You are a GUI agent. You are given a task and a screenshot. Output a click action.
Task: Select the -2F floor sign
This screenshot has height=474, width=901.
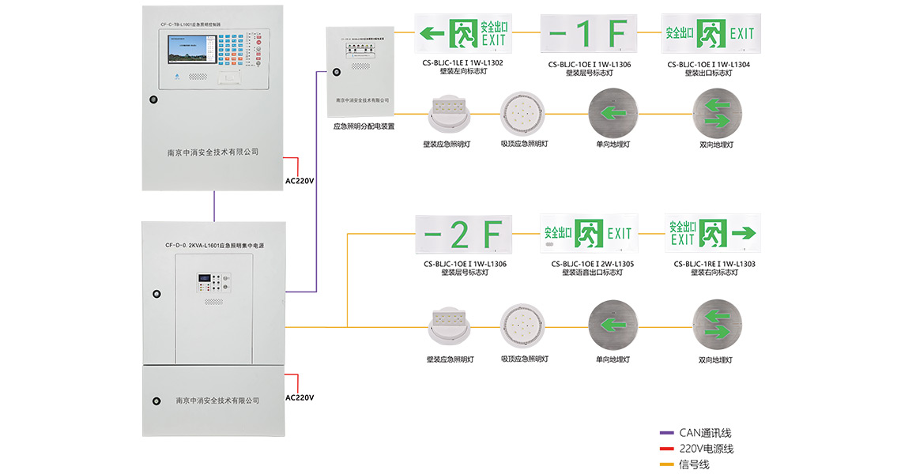click(464, 234)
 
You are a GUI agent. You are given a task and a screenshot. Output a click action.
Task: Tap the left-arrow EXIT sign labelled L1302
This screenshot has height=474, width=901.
click(463, 33)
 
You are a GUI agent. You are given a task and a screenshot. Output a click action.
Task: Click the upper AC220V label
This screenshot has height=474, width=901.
click(300, 181)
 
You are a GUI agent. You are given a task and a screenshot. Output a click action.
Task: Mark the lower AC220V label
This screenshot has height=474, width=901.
click(300, 397)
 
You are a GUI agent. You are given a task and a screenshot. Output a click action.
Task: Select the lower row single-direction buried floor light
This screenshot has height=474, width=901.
click(611, 326)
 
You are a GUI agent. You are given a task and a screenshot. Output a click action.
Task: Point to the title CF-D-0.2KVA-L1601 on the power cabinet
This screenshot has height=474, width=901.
click(214, 246)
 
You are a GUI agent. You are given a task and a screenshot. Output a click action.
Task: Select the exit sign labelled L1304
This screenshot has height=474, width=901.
click(711, 33)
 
